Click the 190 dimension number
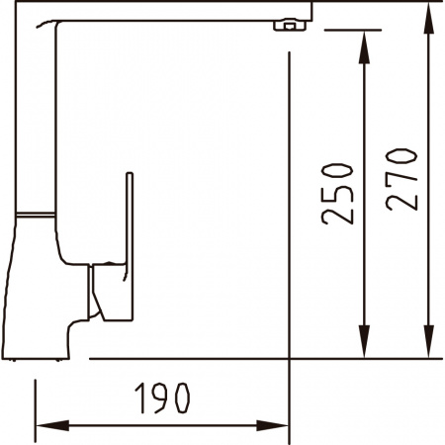[162, 398]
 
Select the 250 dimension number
[337, 194]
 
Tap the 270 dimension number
[401, 179]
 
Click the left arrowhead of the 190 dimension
[52, 425]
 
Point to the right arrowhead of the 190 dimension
[272, 425]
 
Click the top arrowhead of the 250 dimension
[364, 46]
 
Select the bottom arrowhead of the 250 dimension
[364, 341]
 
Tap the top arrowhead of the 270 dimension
[428, 17]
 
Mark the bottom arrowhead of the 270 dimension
[428, 341]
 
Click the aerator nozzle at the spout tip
[290, 25]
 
